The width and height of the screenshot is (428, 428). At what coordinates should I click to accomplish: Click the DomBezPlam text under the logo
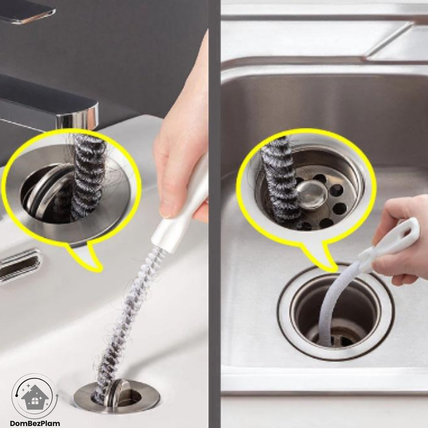(x=34, y=423)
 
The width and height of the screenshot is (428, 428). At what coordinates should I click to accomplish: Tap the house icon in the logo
(x=34, y=397)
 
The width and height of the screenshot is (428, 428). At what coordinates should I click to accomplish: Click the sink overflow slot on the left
(x=19, y=266)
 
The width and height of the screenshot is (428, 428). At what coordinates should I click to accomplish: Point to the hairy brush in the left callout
(x=87, y=178)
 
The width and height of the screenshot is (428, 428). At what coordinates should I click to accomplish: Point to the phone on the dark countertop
(x=27, y=12)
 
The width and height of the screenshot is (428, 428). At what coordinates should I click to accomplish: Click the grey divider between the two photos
(x=214, y=214)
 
